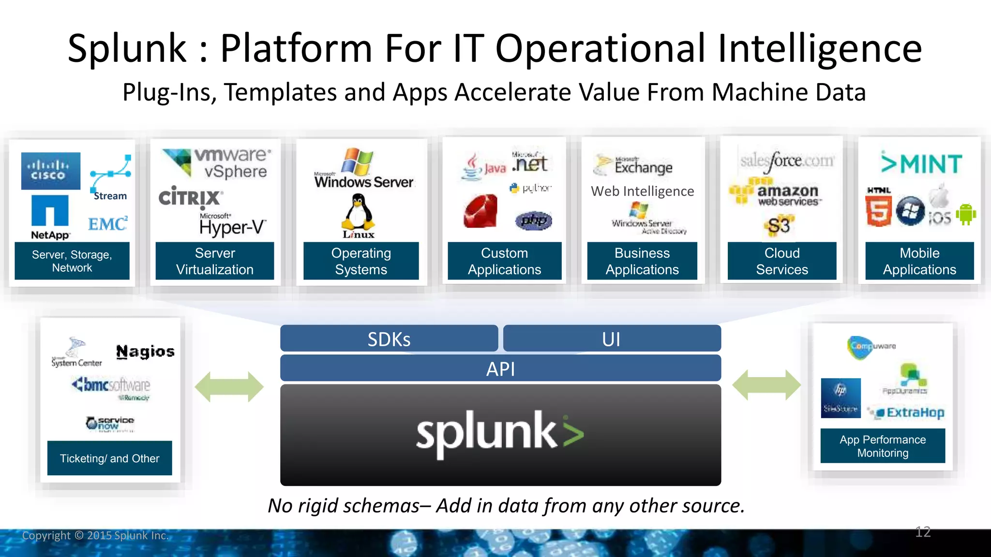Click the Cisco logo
[50, 171]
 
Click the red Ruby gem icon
[480, 211]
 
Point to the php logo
[534, 220]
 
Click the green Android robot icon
[965, 214]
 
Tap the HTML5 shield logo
[878, 209]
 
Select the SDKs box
[389, 338]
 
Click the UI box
[612, 338]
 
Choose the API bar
[500, 368]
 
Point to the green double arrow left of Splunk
[229, 386]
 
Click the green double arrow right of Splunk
[766, 385]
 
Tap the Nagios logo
[145, 352]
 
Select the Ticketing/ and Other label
[109, 458]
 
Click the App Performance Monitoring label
[883, 446]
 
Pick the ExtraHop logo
[910, 412]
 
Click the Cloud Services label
[782, 261]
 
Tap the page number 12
[923, 532]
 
